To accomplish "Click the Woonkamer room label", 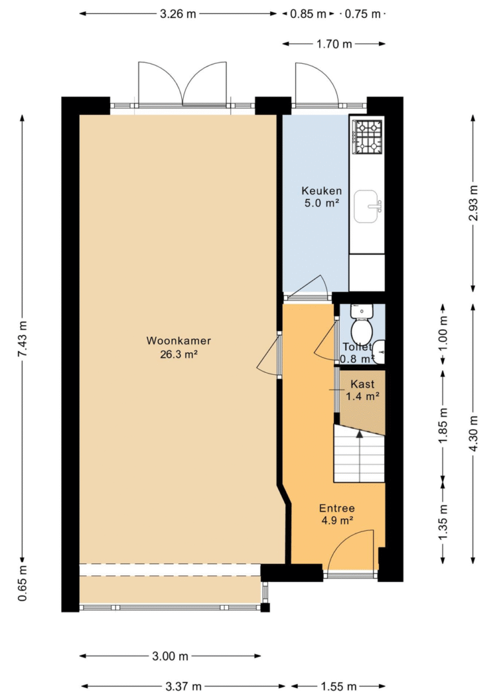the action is click(179, 341).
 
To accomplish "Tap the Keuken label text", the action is click(322, 191).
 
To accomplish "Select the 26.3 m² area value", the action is click(179, 355).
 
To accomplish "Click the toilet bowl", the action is click(362, 331).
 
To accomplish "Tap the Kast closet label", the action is click(363, 385).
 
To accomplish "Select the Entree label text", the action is click(337, 508).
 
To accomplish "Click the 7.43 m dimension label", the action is click(23, 339).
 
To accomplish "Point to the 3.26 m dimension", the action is click(178, 14).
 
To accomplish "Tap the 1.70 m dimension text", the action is click(334, 44).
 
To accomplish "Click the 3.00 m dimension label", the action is click(170, 656).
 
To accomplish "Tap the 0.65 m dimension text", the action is click(23, 583).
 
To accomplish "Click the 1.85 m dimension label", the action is click(443, 426).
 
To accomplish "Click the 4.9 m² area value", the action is click(337, 521).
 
